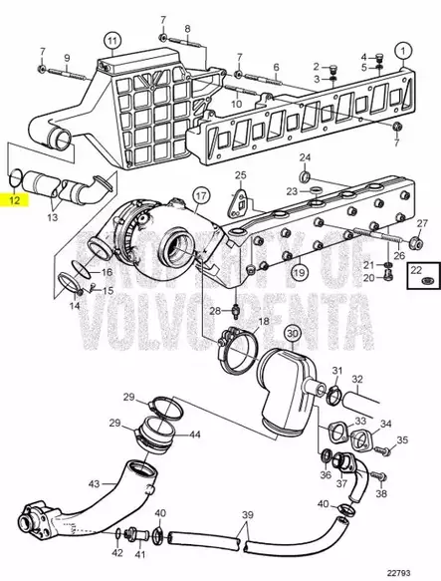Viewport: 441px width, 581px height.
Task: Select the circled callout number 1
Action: point(402,49)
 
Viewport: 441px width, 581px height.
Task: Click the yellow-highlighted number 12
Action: point(15,200)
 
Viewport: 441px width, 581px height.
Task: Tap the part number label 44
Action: point(196,435)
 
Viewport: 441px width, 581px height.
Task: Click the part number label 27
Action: point(422,222)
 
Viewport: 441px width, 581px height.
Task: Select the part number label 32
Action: point(356,380)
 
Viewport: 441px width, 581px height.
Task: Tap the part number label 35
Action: point(403,439)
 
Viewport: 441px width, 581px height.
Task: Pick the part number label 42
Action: point(117,552)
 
